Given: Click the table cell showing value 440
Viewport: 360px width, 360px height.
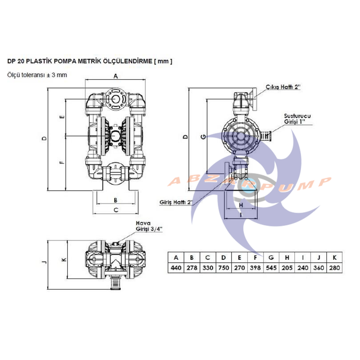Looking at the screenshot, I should coord(176,268).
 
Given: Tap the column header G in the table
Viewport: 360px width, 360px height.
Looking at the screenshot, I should coord(271,257).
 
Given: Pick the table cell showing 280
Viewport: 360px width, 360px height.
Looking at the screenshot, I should coord(335,268).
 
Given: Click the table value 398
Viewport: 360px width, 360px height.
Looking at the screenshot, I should coord(255,268).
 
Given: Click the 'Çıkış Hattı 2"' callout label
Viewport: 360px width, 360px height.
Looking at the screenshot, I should coord(283,87).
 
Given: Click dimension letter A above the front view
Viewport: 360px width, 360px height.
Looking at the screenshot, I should coord(116,76).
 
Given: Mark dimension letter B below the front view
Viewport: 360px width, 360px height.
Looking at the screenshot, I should coord(115,200).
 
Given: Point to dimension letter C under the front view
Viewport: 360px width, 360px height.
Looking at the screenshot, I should coord(115,210).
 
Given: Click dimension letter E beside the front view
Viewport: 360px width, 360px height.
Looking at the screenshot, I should coord(62,117).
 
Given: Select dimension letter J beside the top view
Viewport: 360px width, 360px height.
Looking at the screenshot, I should coord(44,262).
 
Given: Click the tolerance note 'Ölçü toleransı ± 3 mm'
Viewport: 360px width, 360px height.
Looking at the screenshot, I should coord(37,75).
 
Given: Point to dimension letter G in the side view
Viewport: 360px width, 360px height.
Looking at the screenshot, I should coord(202,136).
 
